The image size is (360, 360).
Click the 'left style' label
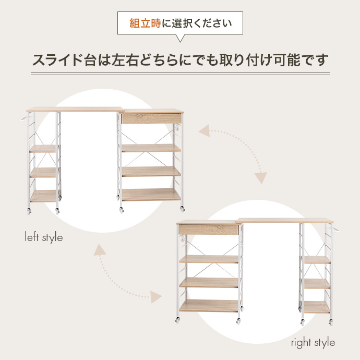pos(44,237)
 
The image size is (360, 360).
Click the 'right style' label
pos(313,343)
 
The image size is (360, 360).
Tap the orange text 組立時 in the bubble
pos(146,24)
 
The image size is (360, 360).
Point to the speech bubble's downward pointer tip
pos(180,41)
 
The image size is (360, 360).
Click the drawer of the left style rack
pos(151,118)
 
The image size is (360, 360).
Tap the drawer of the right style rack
pos(208,230)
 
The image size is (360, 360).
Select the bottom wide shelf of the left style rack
pos(151,195)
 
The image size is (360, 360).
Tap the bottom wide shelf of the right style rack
pos(209,306)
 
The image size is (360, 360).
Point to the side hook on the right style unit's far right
pos(335,230)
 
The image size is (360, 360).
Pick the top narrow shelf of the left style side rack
pos(43,149)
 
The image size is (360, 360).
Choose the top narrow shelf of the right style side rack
pos(317,259)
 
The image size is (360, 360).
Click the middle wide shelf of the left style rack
pos(151,171)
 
